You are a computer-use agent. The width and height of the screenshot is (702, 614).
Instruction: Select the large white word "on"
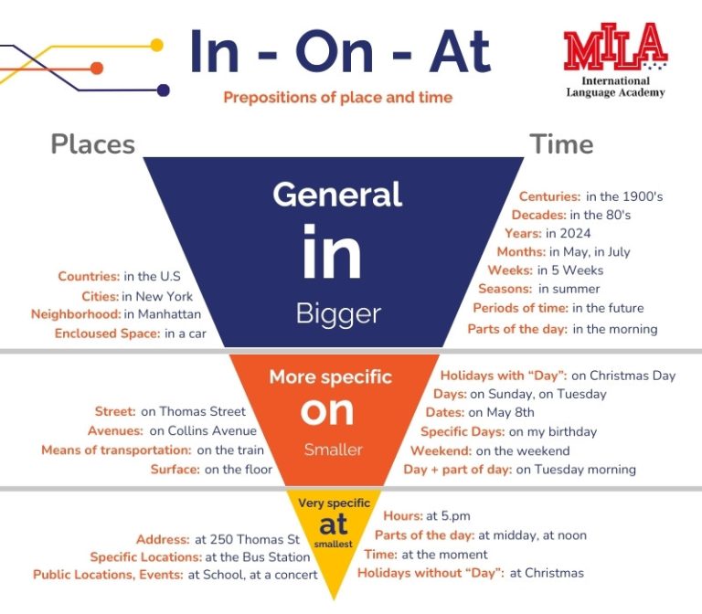(x=327, y=411)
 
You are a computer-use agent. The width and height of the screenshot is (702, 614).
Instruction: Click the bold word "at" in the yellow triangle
(x=334, y=524)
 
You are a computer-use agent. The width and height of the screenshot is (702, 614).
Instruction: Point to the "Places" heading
(x=92, y=144)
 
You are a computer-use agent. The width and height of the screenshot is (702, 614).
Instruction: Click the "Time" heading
(x=561, y=144)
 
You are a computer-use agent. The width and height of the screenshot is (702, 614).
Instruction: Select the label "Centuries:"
(x=549, y=196)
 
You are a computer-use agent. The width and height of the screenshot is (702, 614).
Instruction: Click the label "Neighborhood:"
(x=76, y=314)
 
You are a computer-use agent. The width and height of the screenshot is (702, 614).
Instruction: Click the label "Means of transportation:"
(x=116, y=450)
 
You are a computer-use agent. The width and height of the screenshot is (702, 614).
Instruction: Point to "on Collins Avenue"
(x=203, y=430)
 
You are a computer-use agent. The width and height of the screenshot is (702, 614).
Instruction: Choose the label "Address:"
(x=163, y=539)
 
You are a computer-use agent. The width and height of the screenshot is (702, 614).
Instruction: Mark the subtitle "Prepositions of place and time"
(x=338, y=97)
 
